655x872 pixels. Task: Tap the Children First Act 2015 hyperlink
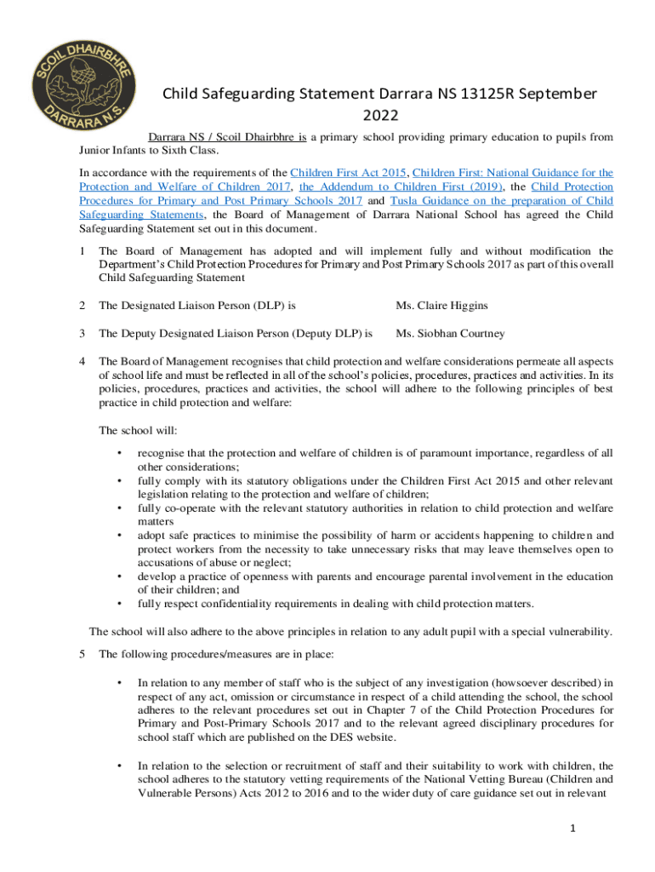(x=351, y=172)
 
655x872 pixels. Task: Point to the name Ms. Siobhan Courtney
(x=450, y=333)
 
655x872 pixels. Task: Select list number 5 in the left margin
(x=82, y=654)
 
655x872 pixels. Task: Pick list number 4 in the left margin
(x=82, y=361)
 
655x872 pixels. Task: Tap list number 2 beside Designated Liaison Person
(x=82, y=305)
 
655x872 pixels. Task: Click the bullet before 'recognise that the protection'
(x=120, y=454)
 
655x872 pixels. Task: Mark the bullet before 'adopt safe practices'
(x=120, y=536)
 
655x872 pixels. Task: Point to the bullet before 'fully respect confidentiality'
(x=120, y=604)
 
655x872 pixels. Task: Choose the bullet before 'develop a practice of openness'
(x=120, y=577)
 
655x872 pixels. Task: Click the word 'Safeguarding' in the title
(x=252, y=93)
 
